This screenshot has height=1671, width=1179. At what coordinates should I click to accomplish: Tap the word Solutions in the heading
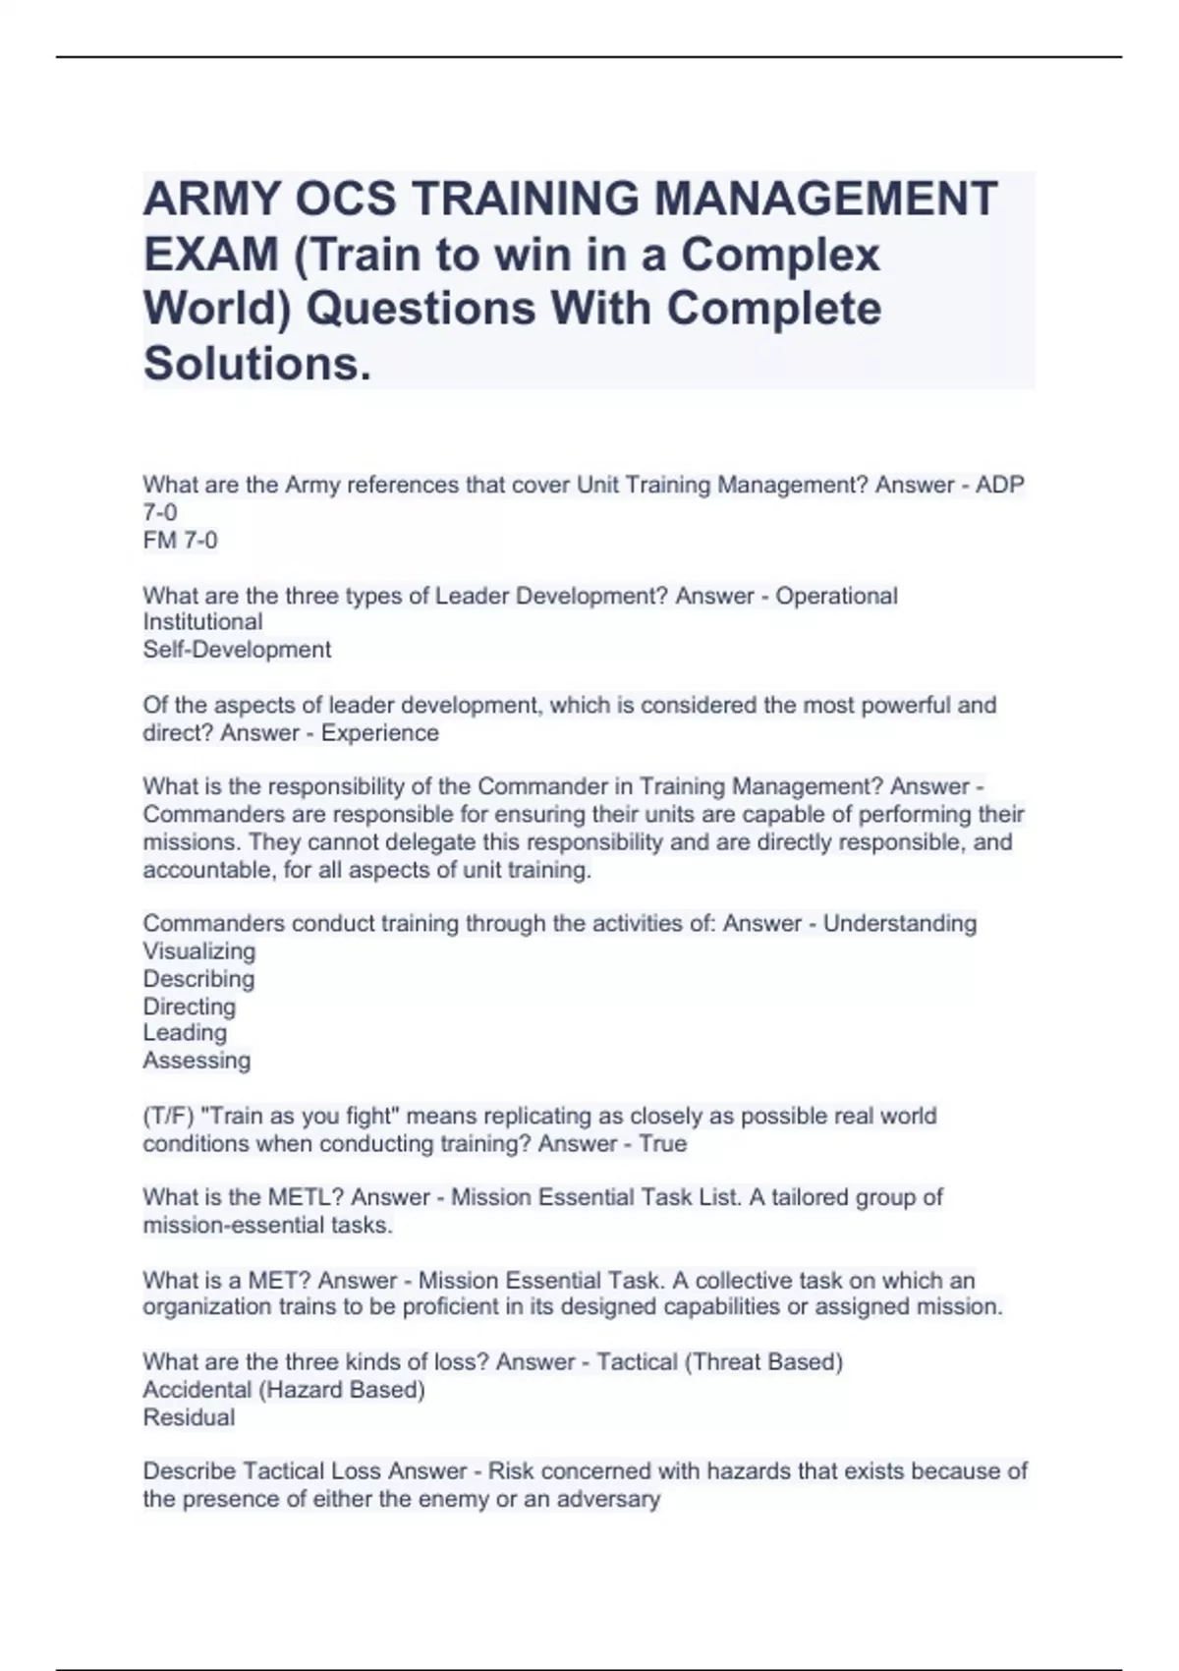[257, 363]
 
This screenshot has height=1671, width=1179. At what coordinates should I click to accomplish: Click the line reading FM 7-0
[180, 540]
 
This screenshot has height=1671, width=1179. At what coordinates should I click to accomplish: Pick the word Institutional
[202, 621]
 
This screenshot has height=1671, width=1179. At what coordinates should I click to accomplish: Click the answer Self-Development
[237, 650]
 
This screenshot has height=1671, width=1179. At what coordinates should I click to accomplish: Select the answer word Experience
[380, 733]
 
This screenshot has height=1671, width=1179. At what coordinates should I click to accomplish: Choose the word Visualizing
[198, 951]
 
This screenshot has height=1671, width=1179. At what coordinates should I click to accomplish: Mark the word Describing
[198, 979]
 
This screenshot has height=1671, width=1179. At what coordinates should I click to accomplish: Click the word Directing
[189, 1007]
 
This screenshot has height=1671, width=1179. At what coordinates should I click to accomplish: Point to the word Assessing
[196, 1061]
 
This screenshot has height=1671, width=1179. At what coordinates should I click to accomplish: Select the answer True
[662, 1144]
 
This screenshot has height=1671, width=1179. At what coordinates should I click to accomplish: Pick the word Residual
[189, 1417]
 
